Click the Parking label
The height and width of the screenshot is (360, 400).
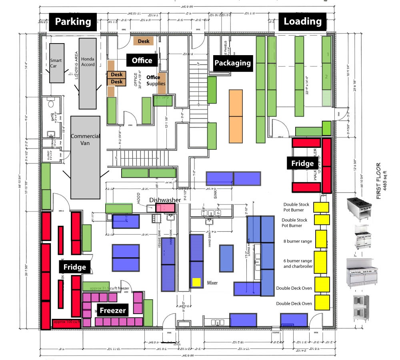(73, 22)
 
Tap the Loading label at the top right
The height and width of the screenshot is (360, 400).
(302, 22)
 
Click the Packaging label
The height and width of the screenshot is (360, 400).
(232, 63)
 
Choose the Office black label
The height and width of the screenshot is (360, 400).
(142, 60)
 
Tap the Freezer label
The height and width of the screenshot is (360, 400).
(113, 310)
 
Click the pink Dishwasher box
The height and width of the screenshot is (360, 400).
(166, 207)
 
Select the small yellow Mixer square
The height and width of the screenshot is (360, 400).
(196, 282)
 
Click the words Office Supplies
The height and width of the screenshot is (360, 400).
(156, 80)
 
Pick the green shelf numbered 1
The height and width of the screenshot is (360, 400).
(327, 54)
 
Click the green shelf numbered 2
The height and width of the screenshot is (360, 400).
(327, 77)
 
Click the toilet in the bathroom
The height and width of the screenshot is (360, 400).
(51, 103)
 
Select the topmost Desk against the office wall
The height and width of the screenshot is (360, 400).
(143, 41)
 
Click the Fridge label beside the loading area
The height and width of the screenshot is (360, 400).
(302, 163)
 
